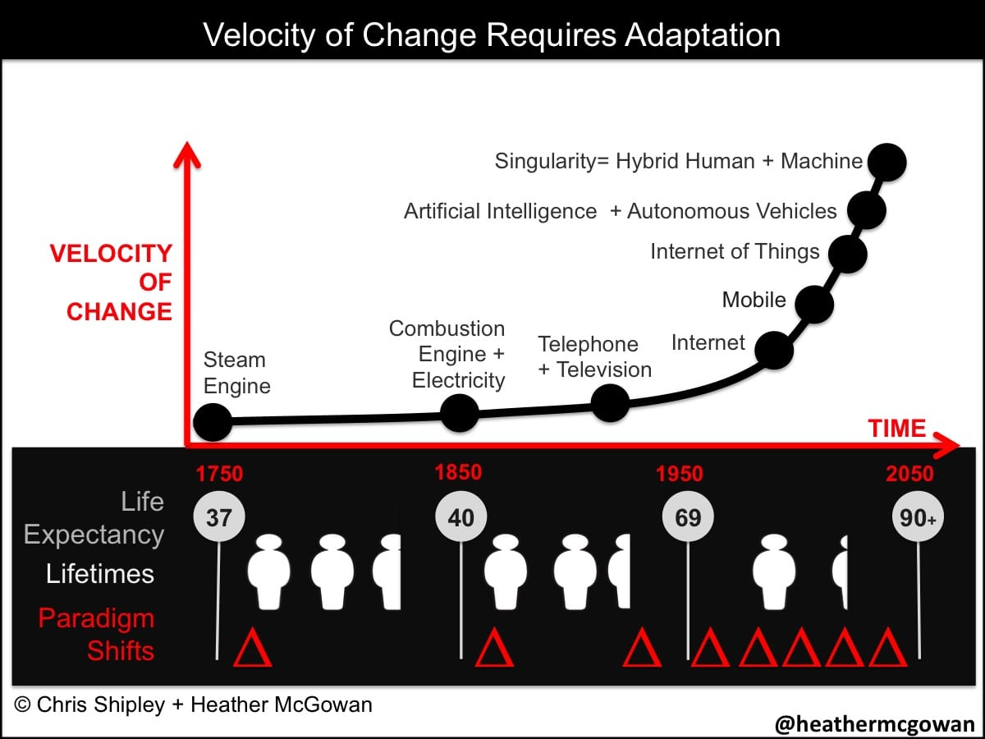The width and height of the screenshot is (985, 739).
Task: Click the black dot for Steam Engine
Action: [213, 422]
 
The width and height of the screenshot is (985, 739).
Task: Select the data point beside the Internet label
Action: [774, 350]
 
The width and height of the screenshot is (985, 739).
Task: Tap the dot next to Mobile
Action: [814, 304]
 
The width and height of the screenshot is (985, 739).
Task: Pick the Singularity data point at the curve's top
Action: [886, 162]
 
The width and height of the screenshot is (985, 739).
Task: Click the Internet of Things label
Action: [735, 251]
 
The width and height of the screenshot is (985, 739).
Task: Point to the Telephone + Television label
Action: [595, 356]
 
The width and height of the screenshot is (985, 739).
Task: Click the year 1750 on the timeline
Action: [219, 474]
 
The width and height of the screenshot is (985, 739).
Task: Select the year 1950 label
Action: [680, 474]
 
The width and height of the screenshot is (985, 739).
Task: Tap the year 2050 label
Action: [909, 474]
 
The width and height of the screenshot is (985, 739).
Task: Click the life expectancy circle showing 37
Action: [219, 517]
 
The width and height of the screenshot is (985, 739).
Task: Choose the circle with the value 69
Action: [688, 517]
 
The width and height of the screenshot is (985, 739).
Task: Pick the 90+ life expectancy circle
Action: [918, 517]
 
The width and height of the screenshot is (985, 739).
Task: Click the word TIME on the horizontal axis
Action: [897, 428]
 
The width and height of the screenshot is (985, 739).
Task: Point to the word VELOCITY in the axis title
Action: [111, 254]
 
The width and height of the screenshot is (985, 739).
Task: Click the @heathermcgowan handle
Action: [875, 723]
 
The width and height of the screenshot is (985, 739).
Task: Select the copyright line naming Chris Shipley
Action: [194, 705]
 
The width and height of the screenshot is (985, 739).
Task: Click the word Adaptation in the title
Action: [703, 35]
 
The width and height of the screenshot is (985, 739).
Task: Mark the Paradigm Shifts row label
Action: [97, 635]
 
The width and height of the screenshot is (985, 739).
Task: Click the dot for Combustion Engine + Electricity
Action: [460, 413]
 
